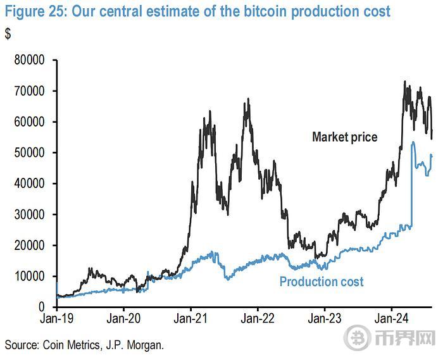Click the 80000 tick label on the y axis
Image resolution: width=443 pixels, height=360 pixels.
pos(28,61)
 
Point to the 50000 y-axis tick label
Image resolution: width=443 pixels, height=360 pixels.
pos(28,153)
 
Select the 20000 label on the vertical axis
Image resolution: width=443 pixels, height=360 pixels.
pos(28,245)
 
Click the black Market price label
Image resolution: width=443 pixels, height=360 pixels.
pos(344,137)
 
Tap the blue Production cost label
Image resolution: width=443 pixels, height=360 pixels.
pos(321,282)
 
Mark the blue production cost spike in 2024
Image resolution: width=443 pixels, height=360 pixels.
pos(413,143)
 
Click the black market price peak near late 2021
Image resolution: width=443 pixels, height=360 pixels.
pos(248,99)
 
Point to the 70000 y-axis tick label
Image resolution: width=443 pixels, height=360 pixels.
pos(28,92)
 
